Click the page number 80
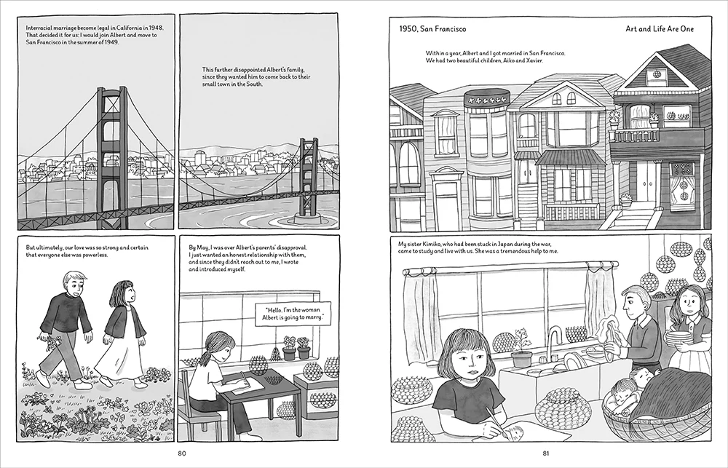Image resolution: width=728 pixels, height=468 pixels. coord(181,453)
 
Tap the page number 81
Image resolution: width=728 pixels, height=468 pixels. coord(546,453)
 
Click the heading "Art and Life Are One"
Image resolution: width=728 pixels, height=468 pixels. coord(660,29)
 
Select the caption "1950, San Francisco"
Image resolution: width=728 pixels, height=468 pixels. coord(432,29)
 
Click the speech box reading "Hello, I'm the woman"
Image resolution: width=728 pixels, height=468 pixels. coord(293,314)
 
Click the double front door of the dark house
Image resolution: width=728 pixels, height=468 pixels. coord(647,181)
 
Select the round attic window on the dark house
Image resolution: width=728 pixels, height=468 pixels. coord(657,74)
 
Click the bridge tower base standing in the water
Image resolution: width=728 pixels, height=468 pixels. coord(306,218)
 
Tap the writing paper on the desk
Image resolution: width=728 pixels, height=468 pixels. coord(248,385)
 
